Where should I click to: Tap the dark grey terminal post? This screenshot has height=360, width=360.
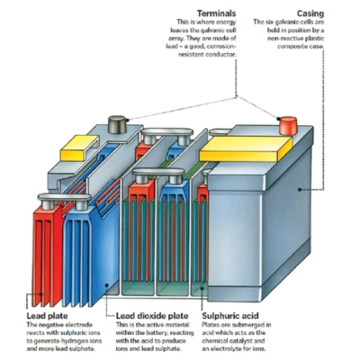118,121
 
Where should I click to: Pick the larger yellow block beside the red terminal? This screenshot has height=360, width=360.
243,143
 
